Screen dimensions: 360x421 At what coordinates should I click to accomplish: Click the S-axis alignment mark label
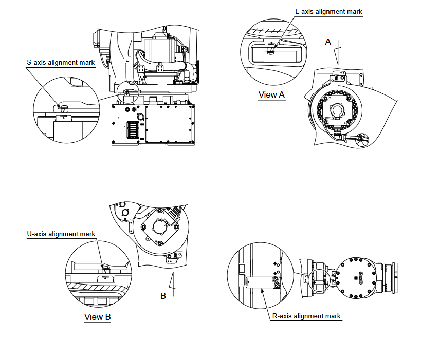point(61,63)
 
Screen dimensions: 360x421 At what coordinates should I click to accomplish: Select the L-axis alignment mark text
point(328,11)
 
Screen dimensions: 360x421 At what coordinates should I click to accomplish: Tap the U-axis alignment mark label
point(61,234)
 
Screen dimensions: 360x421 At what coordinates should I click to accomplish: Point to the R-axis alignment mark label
point(306,316)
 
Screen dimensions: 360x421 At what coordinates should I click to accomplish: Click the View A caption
point(271,94)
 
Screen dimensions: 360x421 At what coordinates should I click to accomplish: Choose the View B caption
point(98,317)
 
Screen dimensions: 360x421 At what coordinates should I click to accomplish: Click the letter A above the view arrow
point(328,42)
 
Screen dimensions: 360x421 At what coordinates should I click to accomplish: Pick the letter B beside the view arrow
point(163,296)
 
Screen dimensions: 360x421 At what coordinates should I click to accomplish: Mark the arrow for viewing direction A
point(337,55)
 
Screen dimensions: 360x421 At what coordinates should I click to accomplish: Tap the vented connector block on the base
point(132,129)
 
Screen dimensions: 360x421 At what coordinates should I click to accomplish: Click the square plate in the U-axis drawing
point(159,231)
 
